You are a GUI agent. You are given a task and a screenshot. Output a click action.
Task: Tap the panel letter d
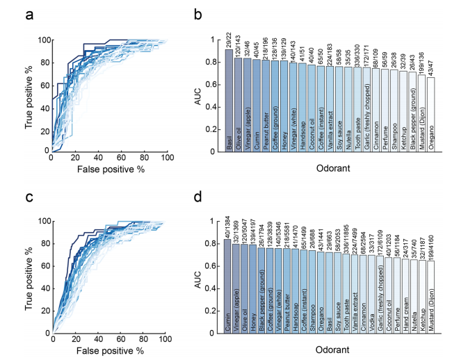pos(198,197)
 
